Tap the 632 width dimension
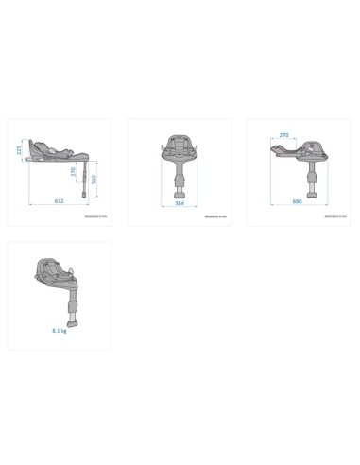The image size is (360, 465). (x=58, y=200)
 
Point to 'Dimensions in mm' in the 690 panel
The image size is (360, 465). (x=334, y=217)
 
